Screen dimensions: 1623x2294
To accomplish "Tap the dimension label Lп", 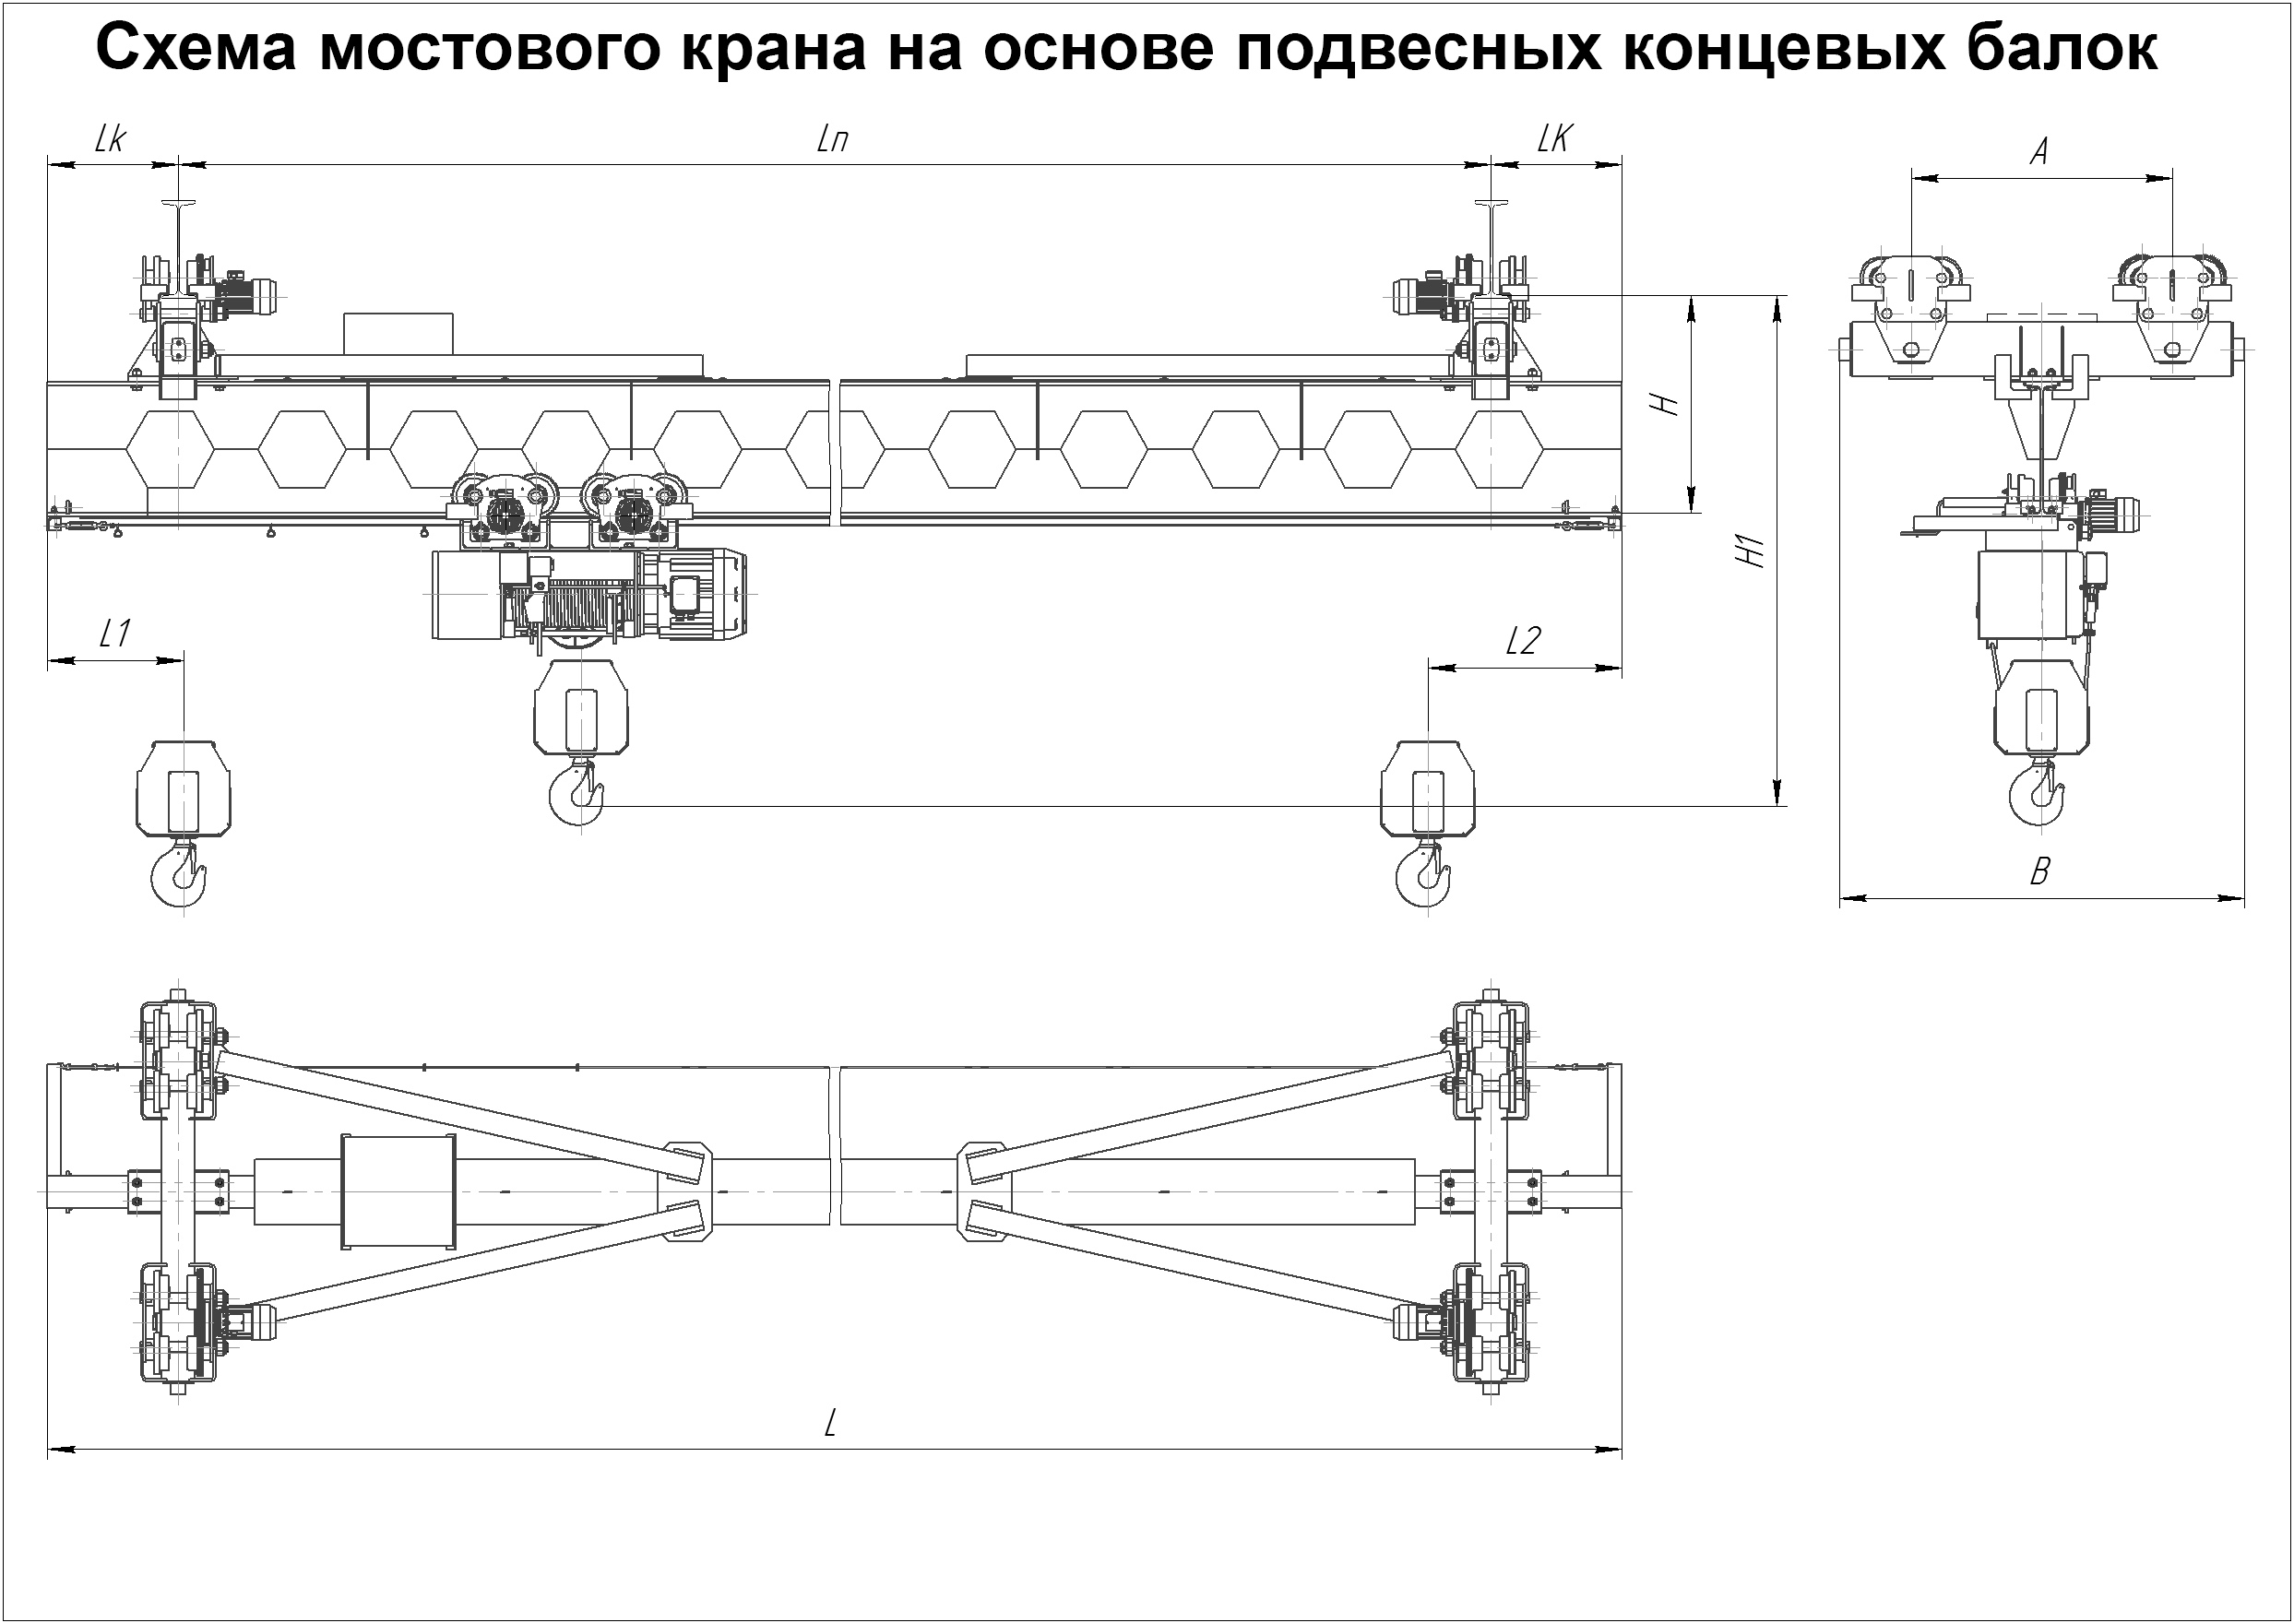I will tap(833, 140).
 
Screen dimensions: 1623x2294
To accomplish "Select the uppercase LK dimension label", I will tap(1554, 139).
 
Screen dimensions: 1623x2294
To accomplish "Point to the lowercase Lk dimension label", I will tap(109, 139).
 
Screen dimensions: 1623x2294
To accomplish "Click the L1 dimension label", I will tap(114, 633).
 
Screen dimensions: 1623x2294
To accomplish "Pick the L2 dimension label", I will tap(1522, 641).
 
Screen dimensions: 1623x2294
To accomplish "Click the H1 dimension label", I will tap(1753, 551).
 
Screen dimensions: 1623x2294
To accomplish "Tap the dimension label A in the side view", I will tap(2040, 152).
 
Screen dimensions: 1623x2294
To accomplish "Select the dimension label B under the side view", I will tap(2039, 871).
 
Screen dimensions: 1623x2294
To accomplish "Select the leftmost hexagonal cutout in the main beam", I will tap(170, 449).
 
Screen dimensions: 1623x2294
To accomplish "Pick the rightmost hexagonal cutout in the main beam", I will tap(1498, 449).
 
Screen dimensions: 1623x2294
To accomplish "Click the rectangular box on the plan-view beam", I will tap(398, 1191).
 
